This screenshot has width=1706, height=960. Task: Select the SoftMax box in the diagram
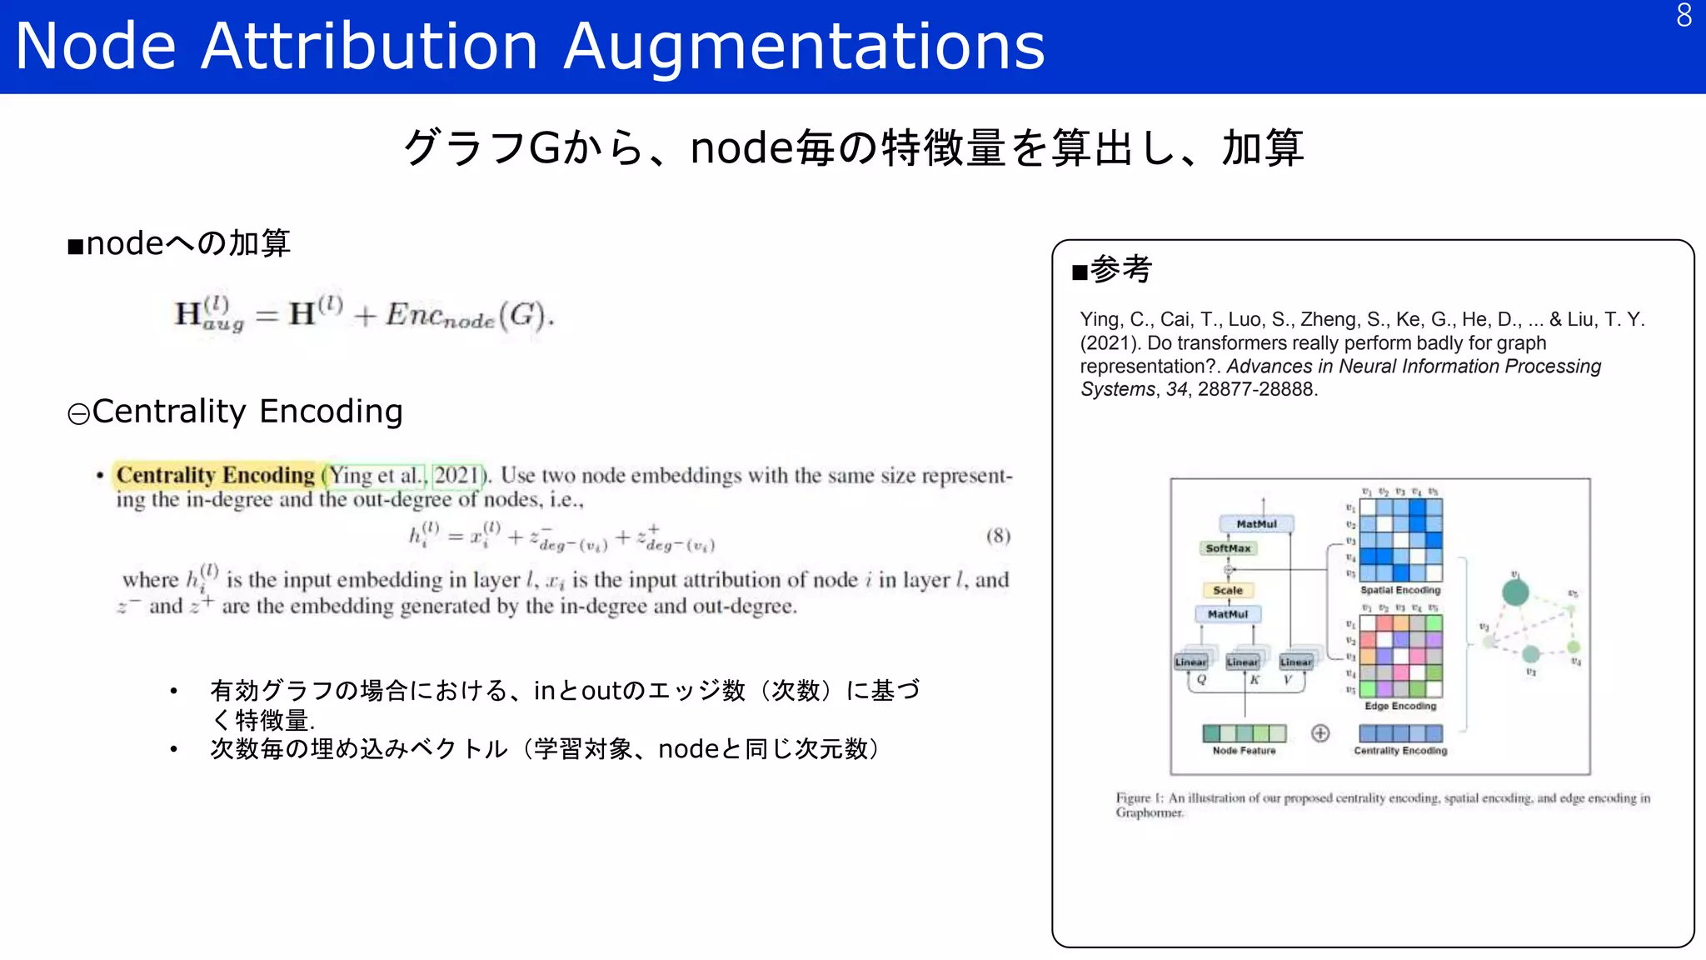1228,548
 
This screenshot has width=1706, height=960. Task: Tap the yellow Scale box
1228,590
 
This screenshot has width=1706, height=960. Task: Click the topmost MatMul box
1256,524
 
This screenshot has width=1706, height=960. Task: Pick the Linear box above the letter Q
1191,662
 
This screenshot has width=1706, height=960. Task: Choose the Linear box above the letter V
1295,662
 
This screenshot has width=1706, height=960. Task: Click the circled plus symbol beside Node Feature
1320,733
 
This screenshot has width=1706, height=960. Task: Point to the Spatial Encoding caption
1400,590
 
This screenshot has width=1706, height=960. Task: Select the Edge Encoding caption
1400,706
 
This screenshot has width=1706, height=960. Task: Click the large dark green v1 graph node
1515,592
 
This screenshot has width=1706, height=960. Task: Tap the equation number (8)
998,536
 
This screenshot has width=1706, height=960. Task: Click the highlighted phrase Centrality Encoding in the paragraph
215,475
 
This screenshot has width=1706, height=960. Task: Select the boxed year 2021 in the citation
457,475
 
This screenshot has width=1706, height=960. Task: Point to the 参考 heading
1120,269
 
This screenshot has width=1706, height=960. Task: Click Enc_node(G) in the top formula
469,316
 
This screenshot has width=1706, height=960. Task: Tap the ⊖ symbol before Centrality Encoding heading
78,414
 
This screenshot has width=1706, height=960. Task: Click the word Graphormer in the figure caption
1149,812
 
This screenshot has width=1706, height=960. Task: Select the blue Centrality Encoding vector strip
1400,733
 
